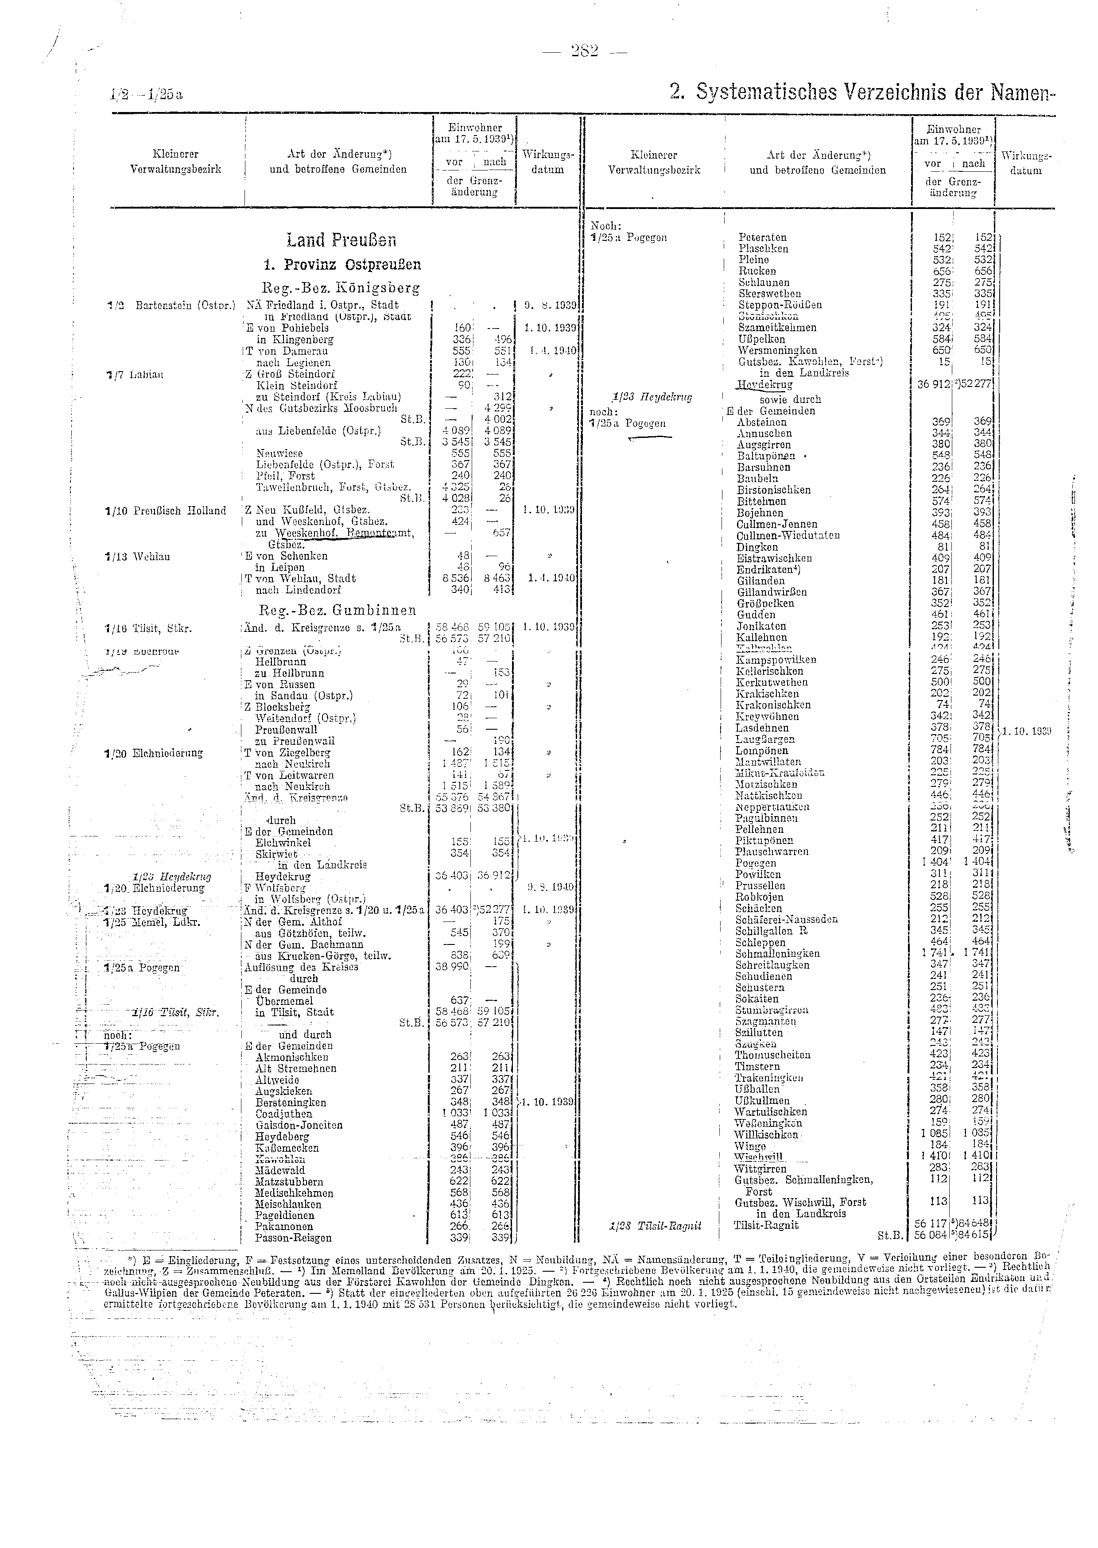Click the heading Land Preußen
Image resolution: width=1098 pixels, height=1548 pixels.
pyautogui.click(x=341, y=240)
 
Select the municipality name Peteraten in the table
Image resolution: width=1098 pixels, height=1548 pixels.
pyautogui.click(x=763, y=237)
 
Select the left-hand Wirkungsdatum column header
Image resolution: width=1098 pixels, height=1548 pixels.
pyautogui.click(x=547, y=162)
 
